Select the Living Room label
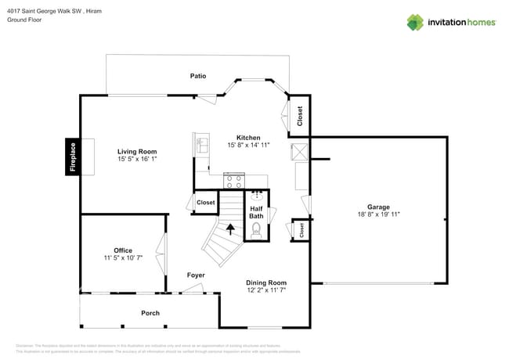click(x=137, y=152)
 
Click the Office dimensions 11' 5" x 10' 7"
click(x=122, y=257)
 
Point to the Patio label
click(x=198, y=76)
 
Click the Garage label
click(x=378, y=207)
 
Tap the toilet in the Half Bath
click(x=255, y=230)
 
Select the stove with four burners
click(x=233, y=181)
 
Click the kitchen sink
click(x=202, y=145)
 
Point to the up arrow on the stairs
click(x=230, y=229)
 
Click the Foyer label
click(x=196, y=275)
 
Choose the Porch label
click(x=150, y=313)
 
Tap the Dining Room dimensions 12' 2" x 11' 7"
click(x=266, y=290)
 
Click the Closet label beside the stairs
click(x=206, y=203)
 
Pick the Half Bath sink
click(x=257, y=195)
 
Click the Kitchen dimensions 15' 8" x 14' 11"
click(x=249, y=145)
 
